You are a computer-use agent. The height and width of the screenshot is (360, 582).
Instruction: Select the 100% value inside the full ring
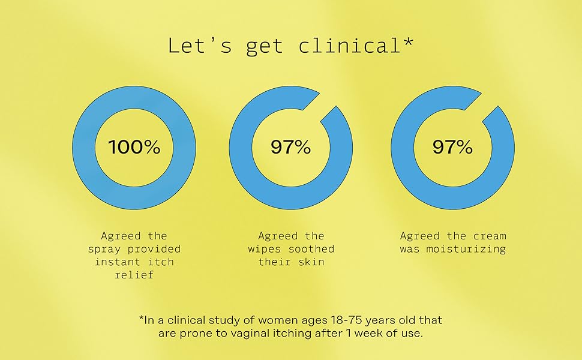pos(134,147)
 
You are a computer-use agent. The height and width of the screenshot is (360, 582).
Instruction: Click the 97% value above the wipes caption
pos(290,147)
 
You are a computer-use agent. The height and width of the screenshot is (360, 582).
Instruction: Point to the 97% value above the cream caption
pos(452,147)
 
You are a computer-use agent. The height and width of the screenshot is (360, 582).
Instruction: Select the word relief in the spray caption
pos(134,275)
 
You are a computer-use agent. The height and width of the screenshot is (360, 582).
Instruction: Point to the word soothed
pos(314,249)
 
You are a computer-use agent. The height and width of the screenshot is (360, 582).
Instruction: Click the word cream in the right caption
pos(490,236)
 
